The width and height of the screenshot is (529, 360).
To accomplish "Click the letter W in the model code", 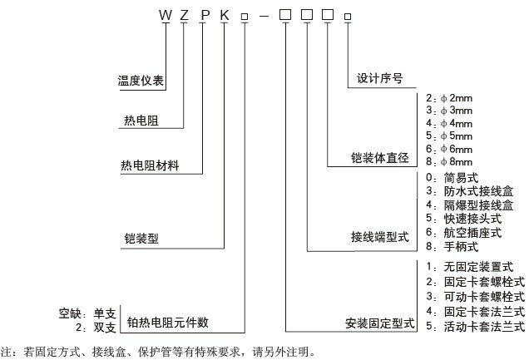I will coord(165,14).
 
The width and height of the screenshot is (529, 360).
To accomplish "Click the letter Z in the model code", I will coord(185,14).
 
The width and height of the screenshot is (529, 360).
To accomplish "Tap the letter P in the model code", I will coord(205,14).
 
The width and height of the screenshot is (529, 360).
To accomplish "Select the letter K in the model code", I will coord(225,14).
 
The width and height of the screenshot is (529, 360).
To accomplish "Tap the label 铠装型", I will coord(140,239).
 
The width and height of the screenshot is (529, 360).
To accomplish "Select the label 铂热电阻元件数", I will coord(167,322).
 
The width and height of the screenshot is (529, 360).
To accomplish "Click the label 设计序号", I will coord(380,78).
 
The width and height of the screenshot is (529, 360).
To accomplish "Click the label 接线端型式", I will coord(381,238).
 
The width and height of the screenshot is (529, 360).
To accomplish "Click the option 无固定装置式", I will coord(472,267).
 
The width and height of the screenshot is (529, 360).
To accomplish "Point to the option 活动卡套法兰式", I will coord(477,326).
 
